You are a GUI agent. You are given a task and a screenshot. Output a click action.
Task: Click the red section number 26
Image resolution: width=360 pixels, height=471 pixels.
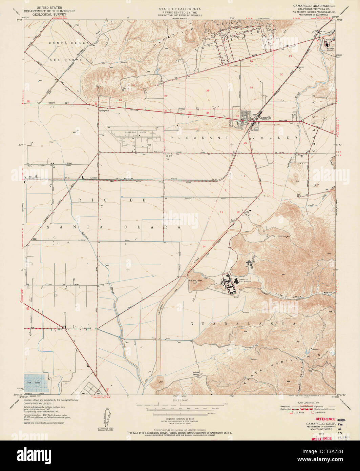[x=208, y=90]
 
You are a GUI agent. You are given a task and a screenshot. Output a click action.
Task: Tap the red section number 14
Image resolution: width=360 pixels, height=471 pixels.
[x=204, y=246]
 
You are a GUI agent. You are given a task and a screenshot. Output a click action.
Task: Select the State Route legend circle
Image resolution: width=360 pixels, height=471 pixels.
[x=313, y=412]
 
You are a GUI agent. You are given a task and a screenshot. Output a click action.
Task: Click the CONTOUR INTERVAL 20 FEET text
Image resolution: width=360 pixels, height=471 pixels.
[x=180, y=419]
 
